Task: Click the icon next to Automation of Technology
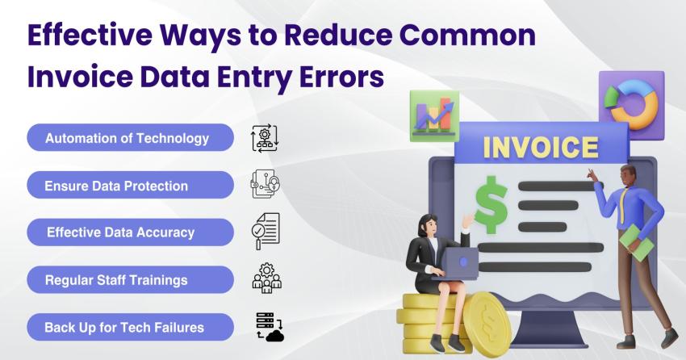coord(265,138)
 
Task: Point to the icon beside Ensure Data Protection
coord(265,185)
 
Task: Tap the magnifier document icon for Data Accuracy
coord(265,232)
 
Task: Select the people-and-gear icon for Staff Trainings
coord(266,279)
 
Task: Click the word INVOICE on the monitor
coord(540,148)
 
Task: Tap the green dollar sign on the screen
coord(491,206)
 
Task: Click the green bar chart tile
coord(433,115)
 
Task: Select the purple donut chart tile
coord(630,102)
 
